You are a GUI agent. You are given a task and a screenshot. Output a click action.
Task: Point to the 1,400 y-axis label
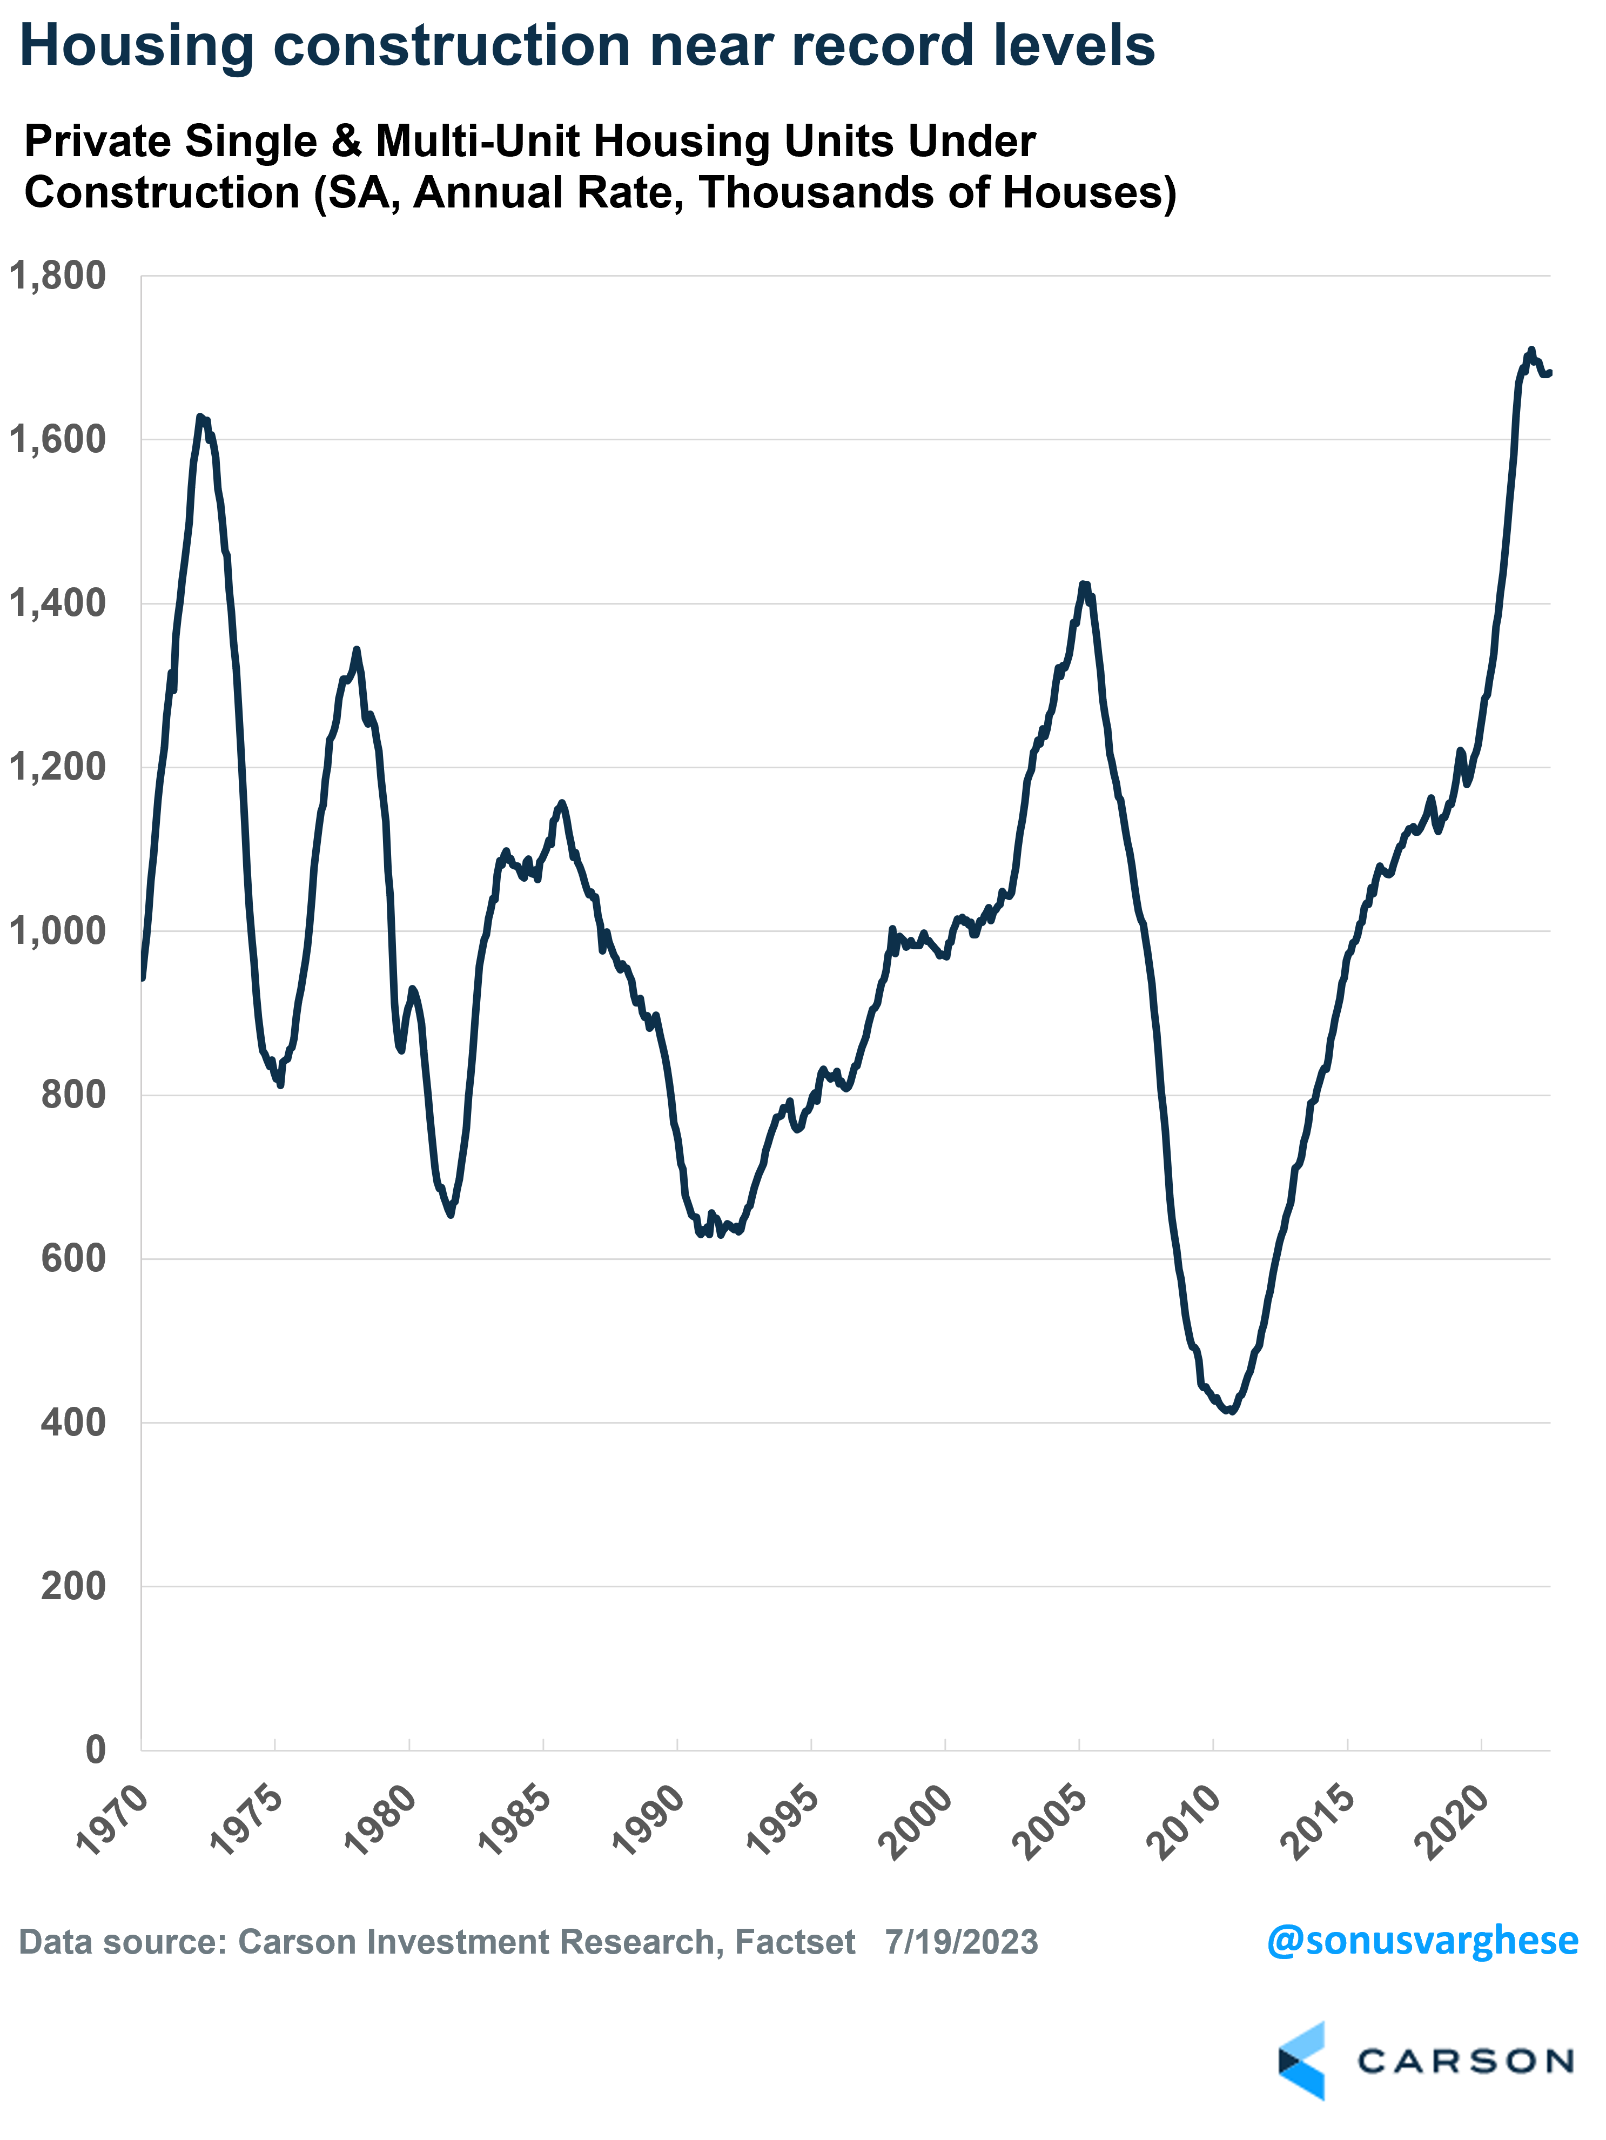(x=57, y=603)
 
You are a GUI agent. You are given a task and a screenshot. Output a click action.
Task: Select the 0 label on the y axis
(x=95, y=1749)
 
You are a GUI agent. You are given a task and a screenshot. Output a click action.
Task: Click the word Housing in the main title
(x=136, y=46)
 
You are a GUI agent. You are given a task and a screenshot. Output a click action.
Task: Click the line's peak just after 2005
(x=1085, y=585)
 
